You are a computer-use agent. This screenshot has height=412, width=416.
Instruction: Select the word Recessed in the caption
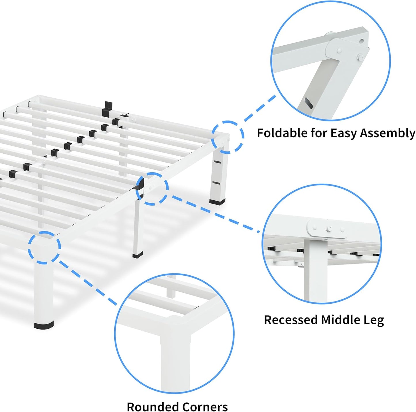[x=290, y=320]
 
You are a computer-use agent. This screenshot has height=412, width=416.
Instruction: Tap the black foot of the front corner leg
[x=43, y=325]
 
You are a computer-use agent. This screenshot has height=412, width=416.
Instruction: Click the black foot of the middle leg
[x=138, y=255]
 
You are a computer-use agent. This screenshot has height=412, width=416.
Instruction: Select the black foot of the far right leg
[x=217, y=202]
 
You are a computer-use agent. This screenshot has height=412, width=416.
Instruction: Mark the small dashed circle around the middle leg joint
[x=152, y=189]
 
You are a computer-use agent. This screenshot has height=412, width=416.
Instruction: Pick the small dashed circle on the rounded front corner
[x=44, y=247]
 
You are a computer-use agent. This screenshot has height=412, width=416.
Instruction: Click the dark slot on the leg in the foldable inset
[x=309, y=103]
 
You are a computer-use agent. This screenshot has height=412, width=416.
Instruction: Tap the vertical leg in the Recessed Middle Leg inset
[x=315, y=271]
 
